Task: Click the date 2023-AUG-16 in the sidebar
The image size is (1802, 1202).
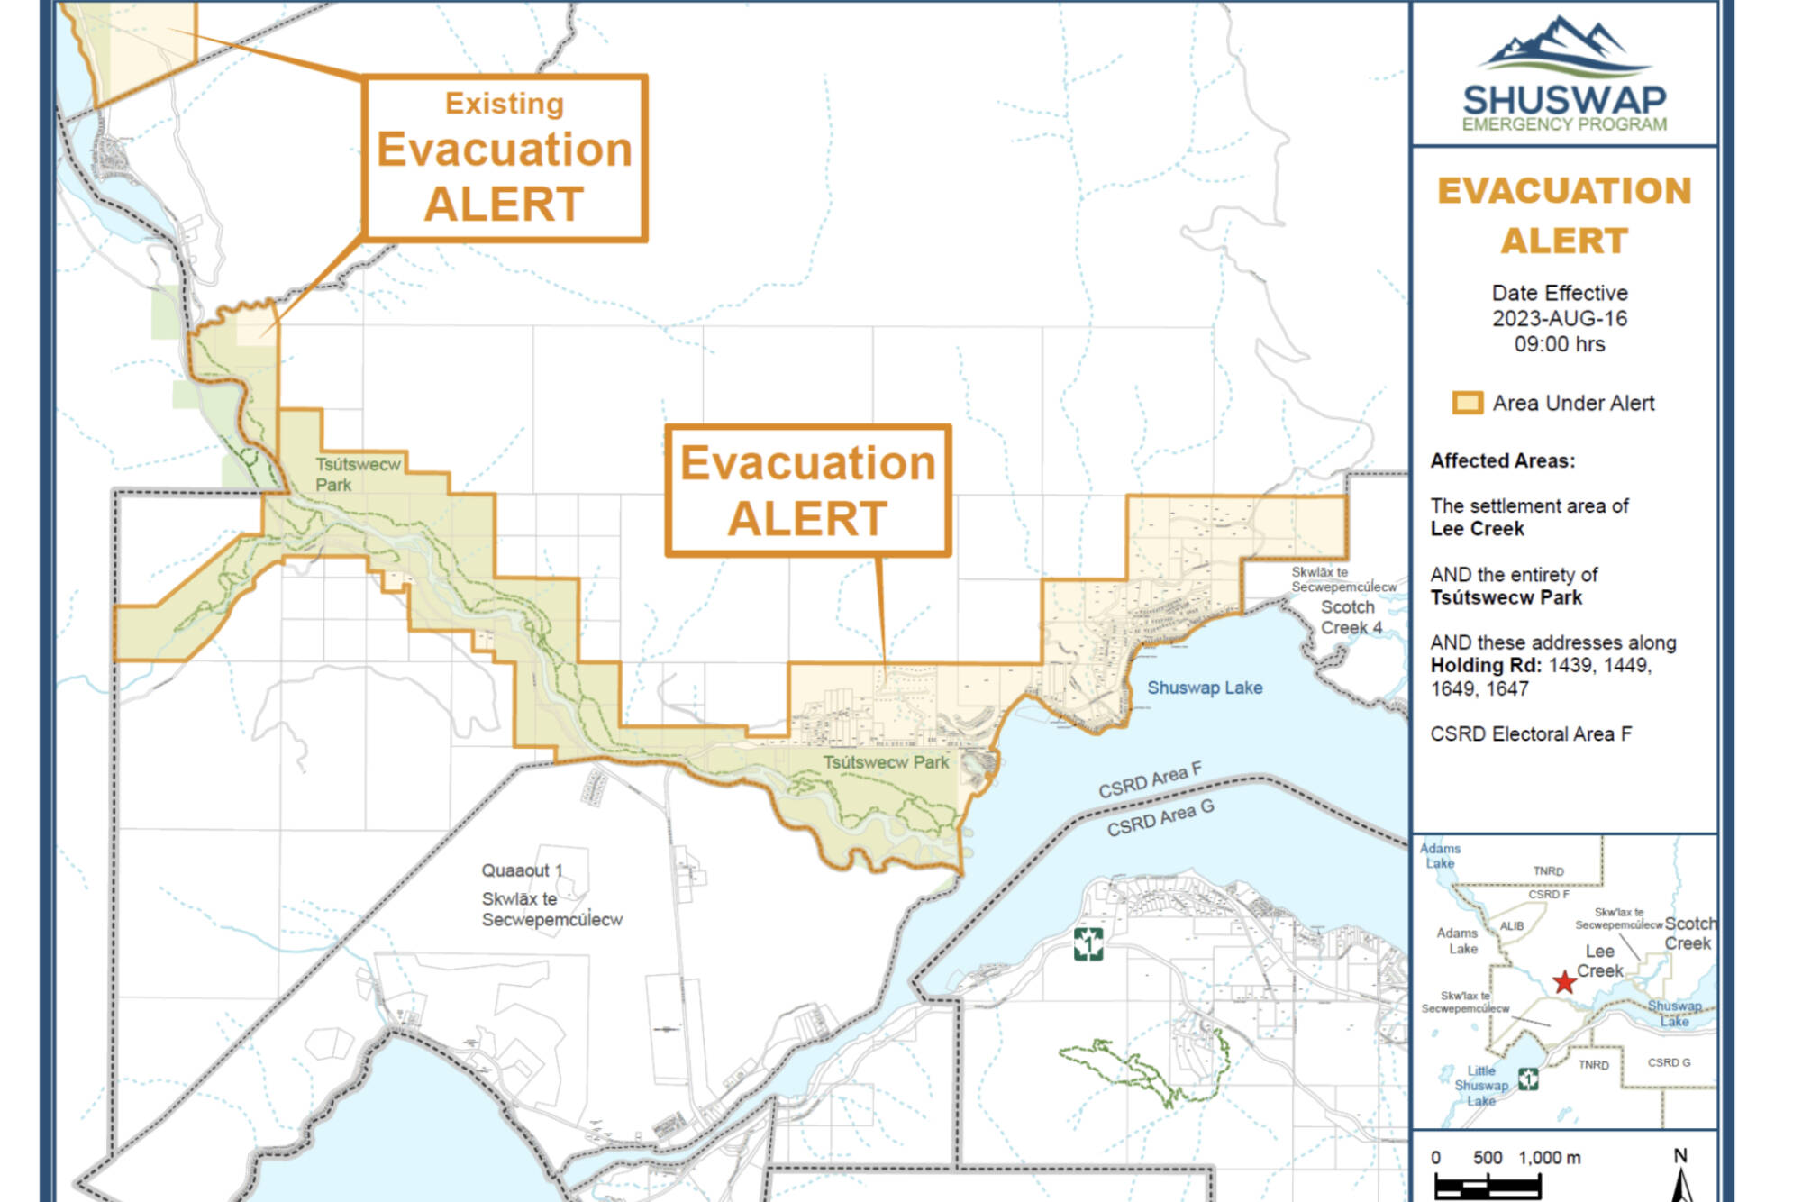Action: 1560,319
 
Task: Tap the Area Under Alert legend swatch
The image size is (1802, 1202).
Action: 1466,403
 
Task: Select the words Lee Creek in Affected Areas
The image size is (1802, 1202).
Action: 1477,529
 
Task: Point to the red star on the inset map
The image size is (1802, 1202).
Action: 1564,982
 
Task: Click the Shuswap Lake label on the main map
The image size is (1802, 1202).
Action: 1204,688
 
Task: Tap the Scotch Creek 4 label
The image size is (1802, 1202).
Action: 1350,617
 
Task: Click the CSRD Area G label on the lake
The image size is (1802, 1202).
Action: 1160,818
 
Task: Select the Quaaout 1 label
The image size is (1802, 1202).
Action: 521,870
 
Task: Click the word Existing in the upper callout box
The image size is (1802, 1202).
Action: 504,104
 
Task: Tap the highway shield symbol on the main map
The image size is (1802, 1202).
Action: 1088,944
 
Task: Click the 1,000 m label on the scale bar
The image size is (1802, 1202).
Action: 1549,1158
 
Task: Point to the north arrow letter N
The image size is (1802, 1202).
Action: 1680,1156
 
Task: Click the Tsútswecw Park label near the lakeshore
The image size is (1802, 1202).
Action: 885,762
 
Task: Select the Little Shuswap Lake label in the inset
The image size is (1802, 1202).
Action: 1481,1086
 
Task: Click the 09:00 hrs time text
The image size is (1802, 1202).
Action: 1560,344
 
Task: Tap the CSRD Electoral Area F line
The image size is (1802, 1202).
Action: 1530,734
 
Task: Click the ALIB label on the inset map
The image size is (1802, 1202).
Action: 1512,926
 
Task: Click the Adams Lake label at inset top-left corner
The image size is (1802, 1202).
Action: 1440,855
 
